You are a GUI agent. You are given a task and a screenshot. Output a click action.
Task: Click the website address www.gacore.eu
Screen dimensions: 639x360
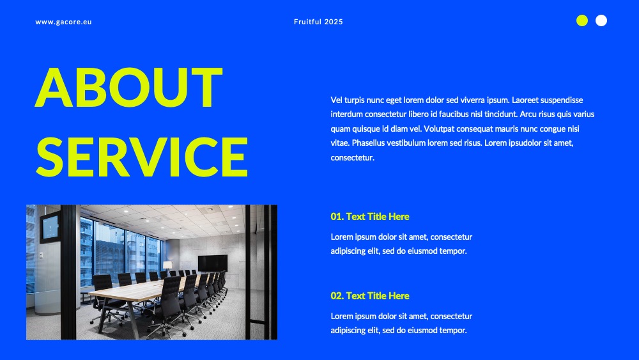tap(63, 22)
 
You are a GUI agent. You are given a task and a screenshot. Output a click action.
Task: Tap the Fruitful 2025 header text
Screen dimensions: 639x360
tap(318, 22)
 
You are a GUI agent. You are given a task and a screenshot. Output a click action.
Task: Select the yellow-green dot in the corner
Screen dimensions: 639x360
tap(582, 20)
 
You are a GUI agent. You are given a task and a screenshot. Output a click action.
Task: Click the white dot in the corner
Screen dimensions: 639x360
tap(601, 20)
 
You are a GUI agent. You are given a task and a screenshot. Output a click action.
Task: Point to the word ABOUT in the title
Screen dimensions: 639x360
tap(129, 87)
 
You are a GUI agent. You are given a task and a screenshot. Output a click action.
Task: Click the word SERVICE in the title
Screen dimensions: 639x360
tap(142, 157)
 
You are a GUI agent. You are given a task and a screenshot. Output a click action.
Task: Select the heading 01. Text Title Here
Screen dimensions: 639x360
tap(369, 217)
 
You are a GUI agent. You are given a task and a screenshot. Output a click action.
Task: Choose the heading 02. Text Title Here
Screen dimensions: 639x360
tap(369, 295)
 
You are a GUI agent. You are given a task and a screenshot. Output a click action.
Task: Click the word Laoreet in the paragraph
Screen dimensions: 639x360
tap(525, 100)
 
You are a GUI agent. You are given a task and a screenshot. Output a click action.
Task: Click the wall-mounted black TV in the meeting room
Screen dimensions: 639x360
tap(213, 263)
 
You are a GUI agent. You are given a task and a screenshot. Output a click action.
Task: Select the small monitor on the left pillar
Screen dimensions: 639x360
tap(50, 227)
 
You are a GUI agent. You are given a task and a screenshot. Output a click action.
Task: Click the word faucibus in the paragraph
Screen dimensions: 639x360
tap(454, 114)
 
